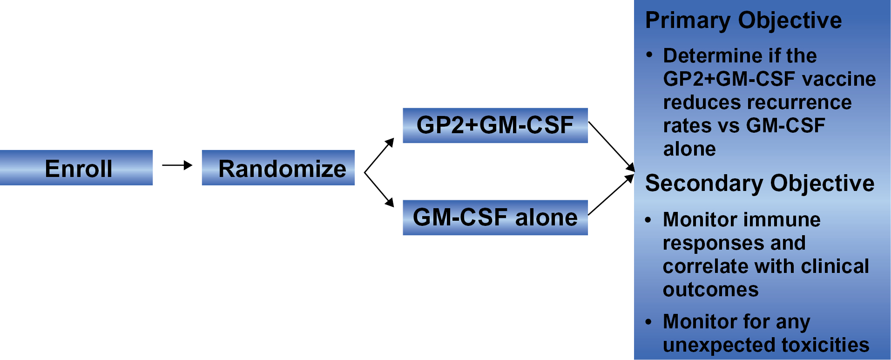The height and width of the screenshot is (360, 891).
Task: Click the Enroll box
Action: [76, 168]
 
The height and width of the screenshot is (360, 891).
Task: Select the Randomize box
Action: [278, 168]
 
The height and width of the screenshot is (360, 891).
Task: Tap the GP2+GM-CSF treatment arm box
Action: [495, 125]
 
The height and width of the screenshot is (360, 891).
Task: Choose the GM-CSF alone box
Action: [495, 217]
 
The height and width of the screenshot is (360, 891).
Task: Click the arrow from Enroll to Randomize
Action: [177, 165]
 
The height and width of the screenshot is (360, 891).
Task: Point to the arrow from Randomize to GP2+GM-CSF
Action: [379, 156]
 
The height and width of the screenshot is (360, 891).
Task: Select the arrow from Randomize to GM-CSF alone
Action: [379, 190]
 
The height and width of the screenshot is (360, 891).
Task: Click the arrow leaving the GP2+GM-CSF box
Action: [611, 146]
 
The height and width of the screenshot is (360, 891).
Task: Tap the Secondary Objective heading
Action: [759, 183]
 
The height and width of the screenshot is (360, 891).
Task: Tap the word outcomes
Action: [710, 290]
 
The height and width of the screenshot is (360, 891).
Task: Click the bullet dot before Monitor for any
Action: [648, 322]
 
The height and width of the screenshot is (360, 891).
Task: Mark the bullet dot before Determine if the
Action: [649, 55]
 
